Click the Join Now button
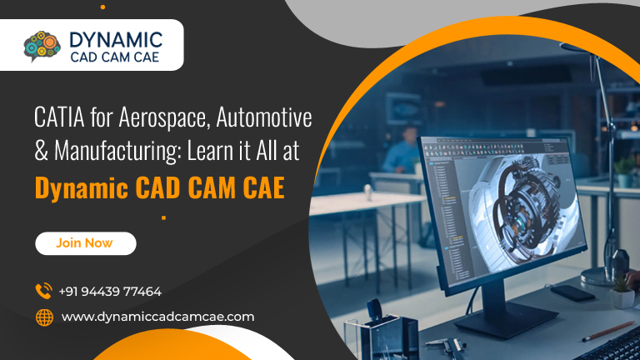coord(86,243)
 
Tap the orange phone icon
coord(43,291)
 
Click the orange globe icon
coord(44,317)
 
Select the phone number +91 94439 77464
coord(110,292)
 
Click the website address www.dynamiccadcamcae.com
coord(158,317)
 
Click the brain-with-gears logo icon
coord(42,46)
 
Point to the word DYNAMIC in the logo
coord(116,40)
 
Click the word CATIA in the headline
coord(60,117)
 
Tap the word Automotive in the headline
coord(264,117)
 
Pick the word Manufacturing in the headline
coord(118,151)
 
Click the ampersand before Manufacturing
coord(41,151)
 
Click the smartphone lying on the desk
coord(572,293)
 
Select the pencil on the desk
coord(608,331)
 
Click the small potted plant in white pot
coord(622,291)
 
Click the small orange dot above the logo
coord(102,7)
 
